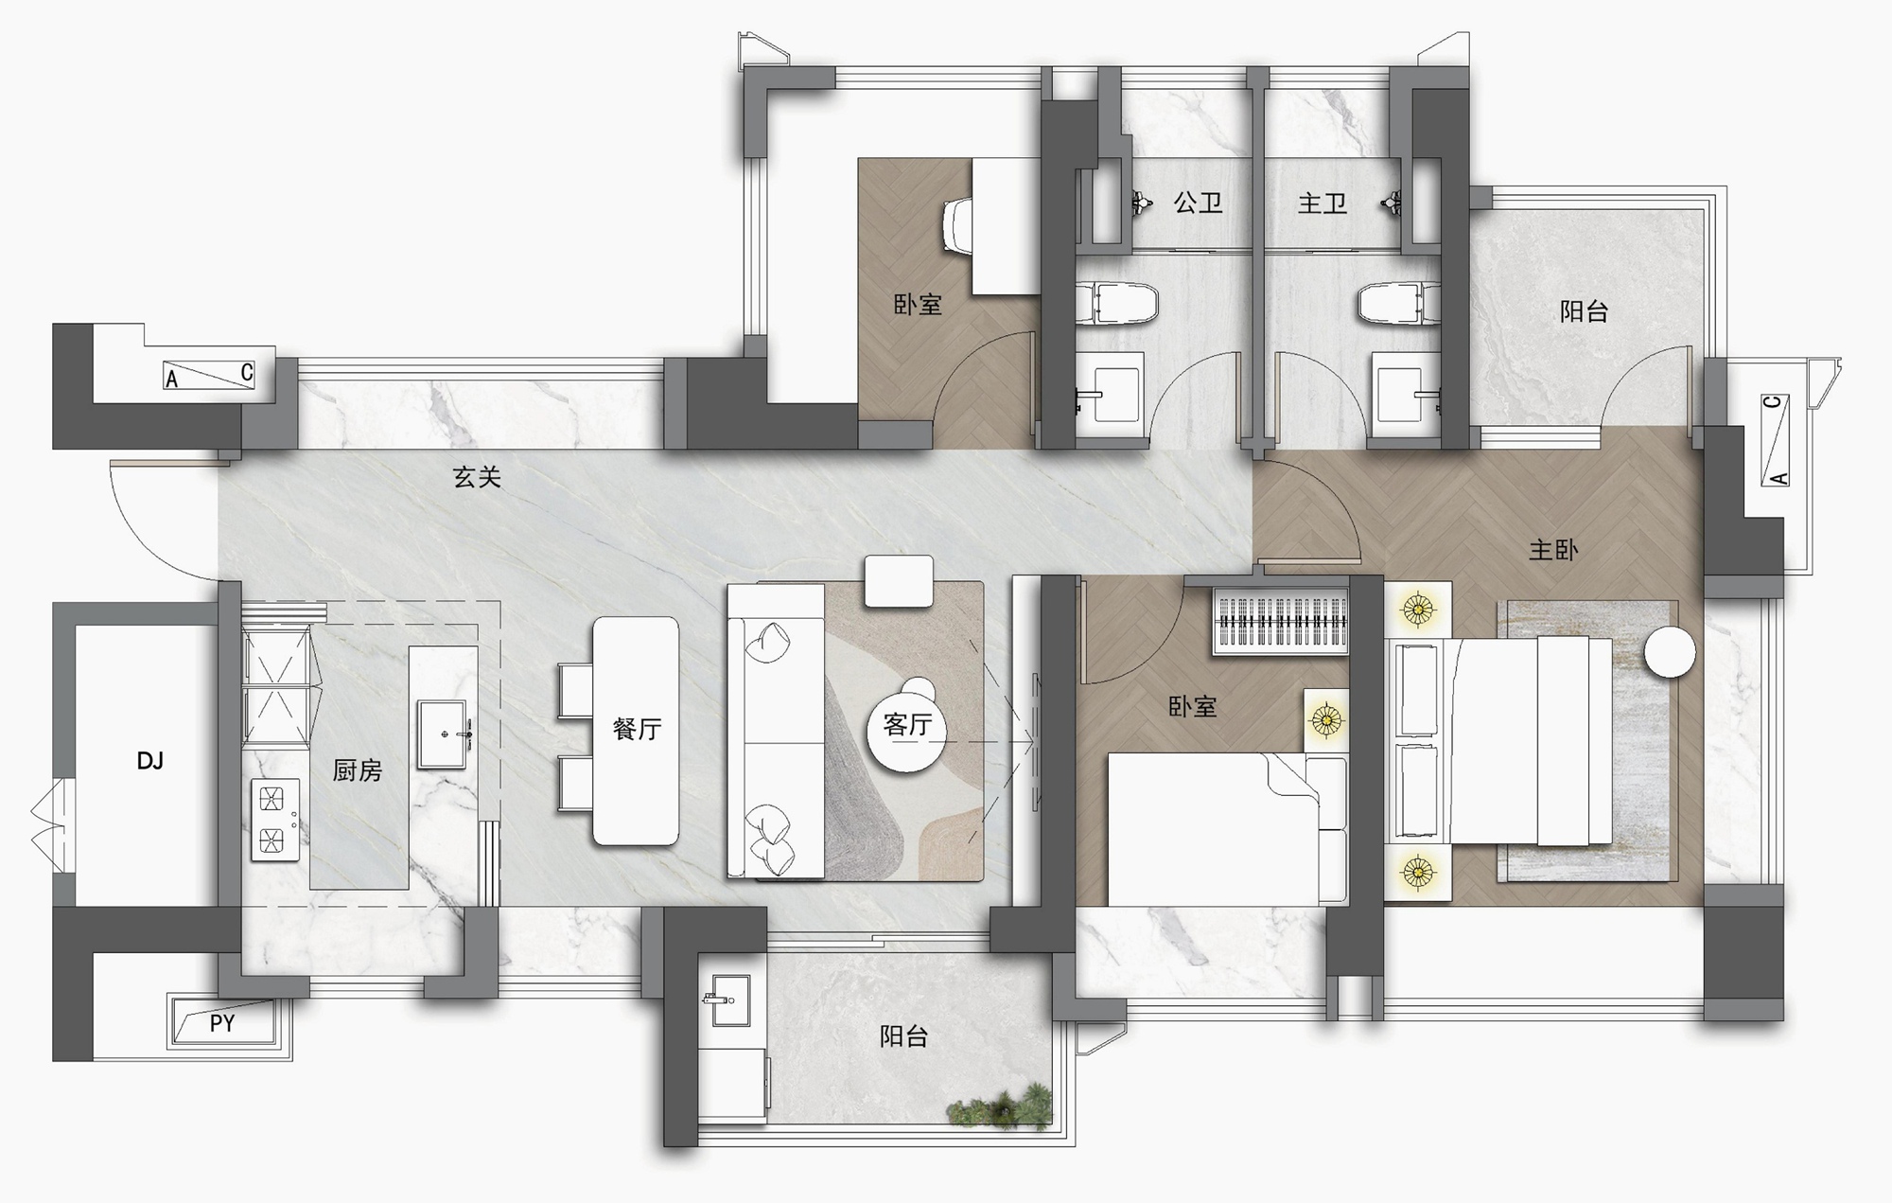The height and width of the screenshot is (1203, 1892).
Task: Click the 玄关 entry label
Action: tap(476, 477)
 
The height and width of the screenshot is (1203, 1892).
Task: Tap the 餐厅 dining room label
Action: tap(637, 728)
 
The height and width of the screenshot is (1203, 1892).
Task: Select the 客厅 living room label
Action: tap(907, 725)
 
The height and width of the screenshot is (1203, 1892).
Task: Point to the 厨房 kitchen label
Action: tap(358, 770)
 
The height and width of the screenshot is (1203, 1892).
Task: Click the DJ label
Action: tap(150, 761)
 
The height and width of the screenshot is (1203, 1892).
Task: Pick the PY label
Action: tap(222, 1023)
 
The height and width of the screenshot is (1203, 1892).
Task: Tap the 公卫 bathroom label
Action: tap(1198, 203)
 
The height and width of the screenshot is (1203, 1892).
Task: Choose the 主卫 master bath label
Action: tap(1322, 203)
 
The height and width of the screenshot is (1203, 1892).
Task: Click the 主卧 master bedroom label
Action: tap(1553, 550)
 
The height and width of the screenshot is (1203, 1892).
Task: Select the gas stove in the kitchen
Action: tap(275, 820)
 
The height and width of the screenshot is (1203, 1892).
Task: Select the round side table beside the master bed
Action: tap(1670, 652)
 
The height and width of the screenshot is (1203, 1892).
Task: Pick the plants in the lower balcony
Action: tap(1000, 1106)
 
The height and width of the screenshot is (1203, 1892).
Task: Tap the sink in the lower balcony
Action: tap(727, 1000)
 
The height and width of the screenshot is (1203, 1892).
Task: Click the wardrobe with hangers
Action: tap(1281, 620)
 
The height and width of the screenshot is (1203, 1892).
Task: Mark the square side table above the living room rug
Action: tap(899, 581)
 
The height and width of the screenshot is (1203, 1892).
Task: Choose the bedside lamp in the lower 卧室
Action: tap(1326, 720)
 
